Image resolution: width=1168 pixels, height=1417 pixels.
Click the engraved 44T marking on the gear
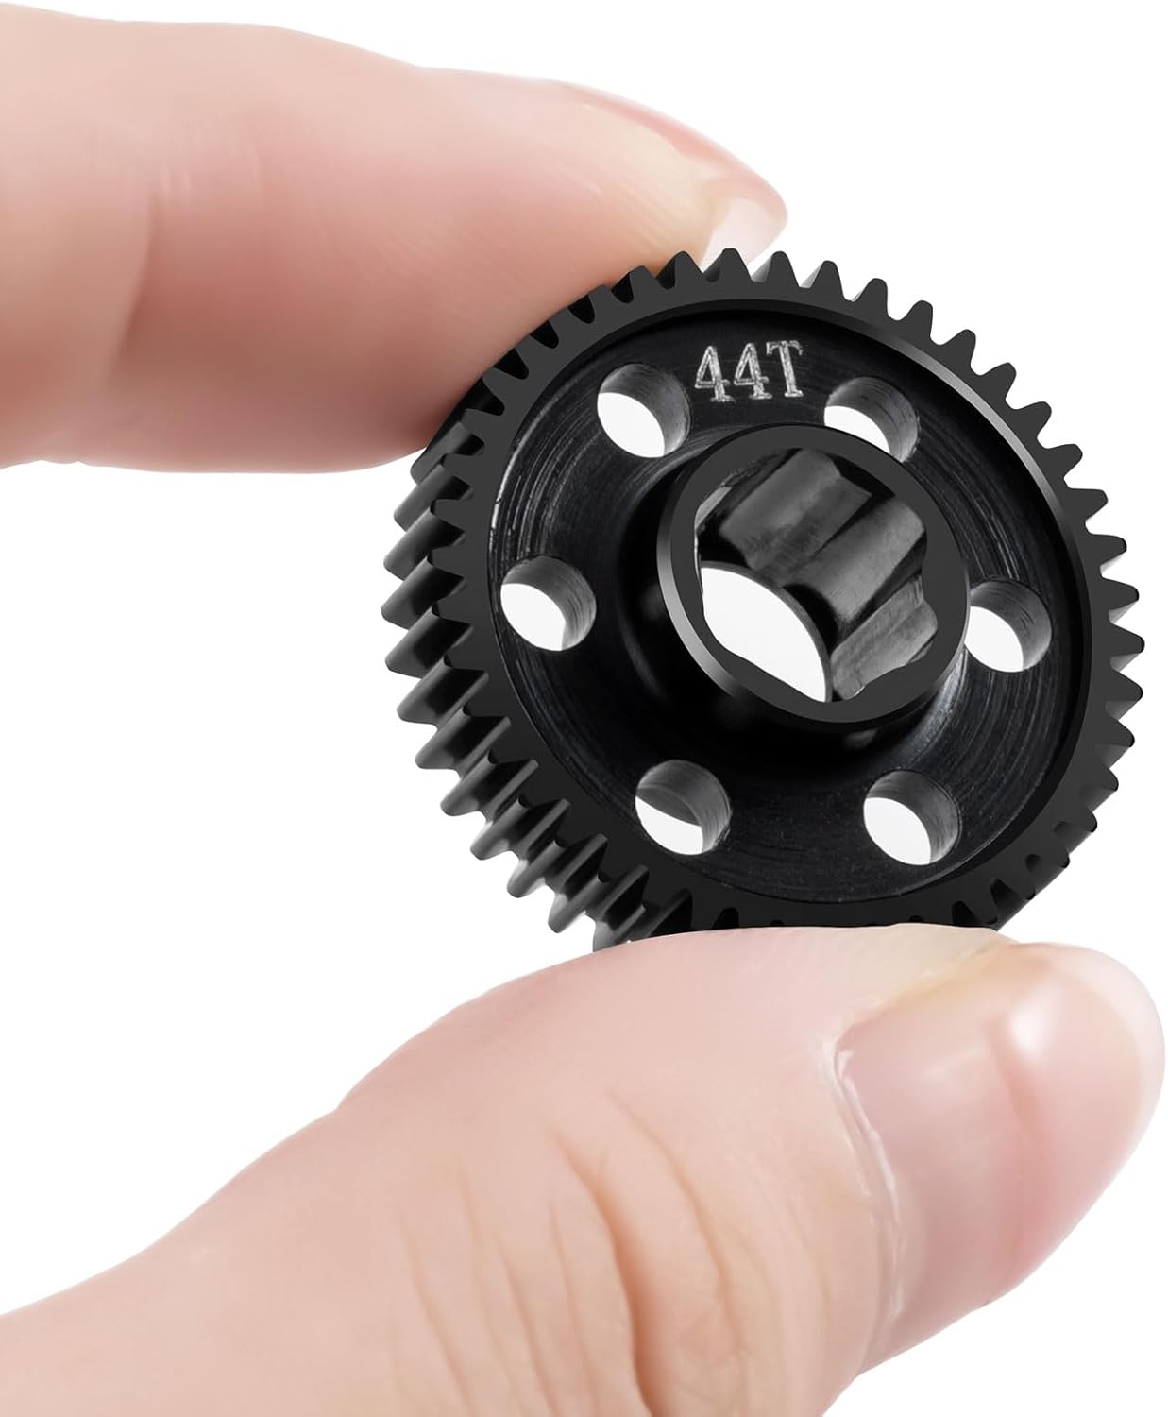tap(749, 371)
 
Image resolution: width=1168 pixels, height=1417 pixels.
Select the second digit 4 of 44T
tap(745, 372)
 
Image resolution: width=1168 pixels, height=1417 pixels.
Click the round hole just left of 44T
tap(642, 411)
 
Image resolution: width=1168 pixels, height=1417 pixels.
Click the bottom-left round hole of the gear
tap(683, 807)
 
